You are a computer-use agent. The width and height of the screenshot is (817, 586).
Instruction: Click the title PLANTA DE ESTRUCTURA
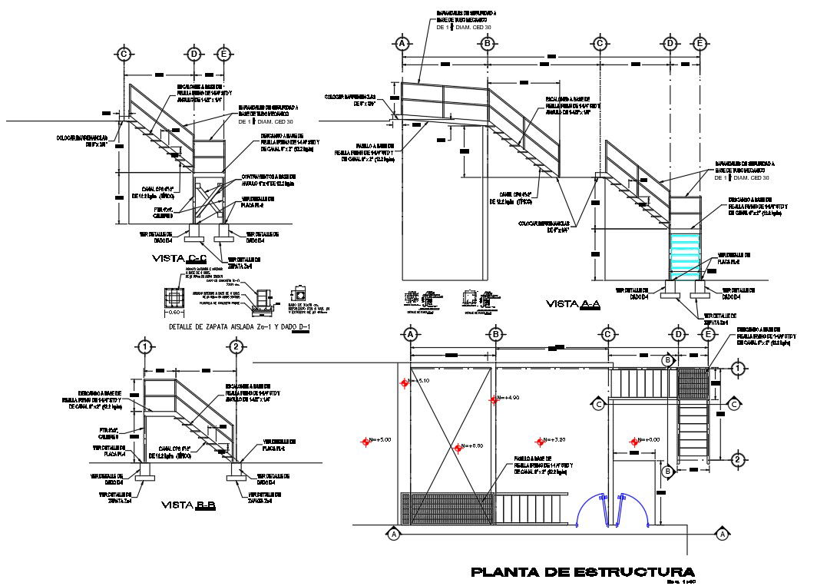[x=582, y=572]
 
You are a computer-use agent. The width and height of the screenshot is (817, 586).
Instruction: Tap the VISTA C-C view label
[x=180, y=257]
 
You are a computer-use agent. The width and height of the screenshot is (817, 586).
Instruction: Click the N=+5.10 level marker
[x=405, y=382]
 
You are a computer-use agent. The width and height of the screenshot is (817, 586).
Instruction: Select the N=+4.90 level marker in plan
[x=495, y=399]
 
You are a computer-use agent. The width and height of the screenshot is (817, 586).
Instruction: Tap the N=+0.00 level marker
[x=634, y=441]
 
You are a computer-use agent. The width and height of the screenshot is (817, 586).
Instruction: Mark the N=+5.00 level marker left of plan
[x=365, y=440]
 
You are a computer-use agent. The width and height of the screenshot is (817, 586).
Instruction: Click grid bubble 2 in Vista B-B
[x=237, y=348]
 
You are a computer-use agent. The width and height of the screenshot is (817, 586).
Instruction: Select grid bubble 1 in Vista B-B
[x=144, y=348]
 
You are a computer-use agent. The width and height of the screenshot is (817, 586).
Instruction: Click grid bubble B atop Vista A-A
[x=487, y=44]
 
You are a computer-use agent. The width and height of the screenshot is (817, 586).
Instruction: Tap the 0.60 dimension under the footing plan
[x=175, y=313]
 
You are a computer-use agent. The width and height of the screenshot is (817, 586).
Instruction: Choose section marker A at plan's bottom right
[x=721, y=533]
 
